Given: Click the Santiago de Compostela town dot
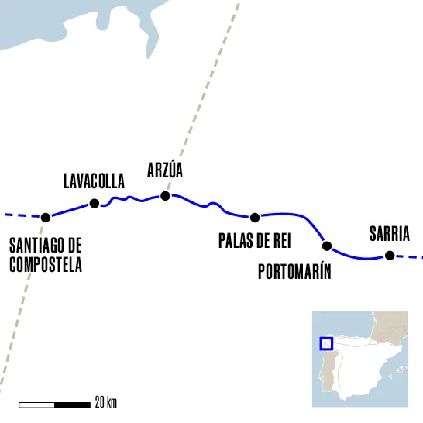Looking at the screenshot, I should point(45,217).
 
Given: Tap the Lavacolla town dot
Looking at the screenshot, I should point(95,204).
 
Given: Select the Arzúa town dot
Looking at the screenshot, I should point(164,196).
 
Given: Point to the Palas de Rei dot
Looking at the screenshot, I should point(254,216).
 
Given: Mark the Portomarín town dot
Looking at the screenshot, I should point(326,246).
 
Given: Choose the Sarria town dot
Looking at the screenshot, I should point(390,256).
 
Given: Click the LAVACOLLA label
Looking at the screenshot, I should point(93,182).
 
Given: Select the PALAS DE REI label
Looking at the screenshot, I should point(253,241).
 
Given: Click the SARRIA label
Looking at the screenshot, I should point(389,234).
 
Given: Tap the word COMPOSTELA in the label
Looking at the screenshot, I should point(46,264).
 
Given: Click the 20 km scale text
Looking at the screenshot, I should point(106,403).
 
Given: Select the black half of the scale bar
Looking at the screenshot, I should point(72,404).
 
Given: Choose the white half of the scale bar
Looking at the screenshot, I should point(36,404).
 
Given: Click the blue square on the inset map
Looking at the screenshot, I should point(326,344).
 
